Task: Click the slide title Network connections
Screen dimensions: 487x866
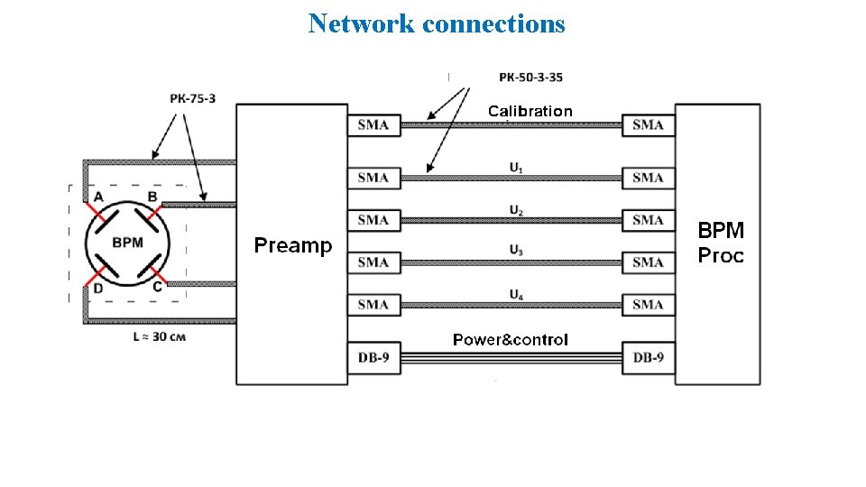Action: pos(437,23)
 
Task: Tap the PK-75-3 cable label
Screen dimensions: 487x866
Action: pos(192,97)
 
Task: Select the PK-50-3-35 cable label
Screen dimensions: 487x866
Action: pos(530,78)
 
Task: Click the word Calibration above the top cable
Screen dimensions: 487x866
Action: pos(530,111)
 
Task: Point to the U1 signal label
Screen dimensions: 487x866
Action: pos(515,167)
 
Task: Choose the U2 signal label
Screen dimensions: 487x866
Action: pos(515,210)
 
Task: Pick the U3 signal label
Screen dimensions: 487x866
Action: pos(515,251)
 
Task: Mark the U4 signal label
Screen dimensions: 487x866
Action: pos(515,293)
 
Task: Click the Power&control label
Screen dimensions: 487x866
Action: pos(510,340)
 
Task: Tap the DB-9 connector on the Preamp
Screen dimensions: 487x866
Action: pos(373,358)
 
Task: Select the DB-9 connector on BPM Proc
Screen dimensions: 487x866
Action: pos(648,358)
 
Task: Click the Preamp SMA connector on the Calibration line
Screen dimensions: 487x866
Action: pos(373,124)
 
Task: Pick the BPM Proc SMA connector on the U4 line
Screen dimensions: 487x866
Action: pos(648,305)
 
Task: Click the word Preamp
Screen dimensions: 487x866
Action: pos(292,245)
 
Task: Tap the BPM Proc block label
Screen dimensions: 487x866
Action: pos(721,243)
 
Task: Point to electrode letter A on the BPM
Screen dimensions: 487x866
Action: pos(97,197)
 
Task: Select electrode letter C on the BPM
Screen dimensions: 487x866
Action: pos(157,287)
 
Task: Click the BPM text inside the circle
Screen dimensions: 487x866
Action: pos(126,242)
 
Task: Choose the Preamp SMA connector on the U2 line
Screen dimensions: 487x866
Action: pos(373,220)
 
